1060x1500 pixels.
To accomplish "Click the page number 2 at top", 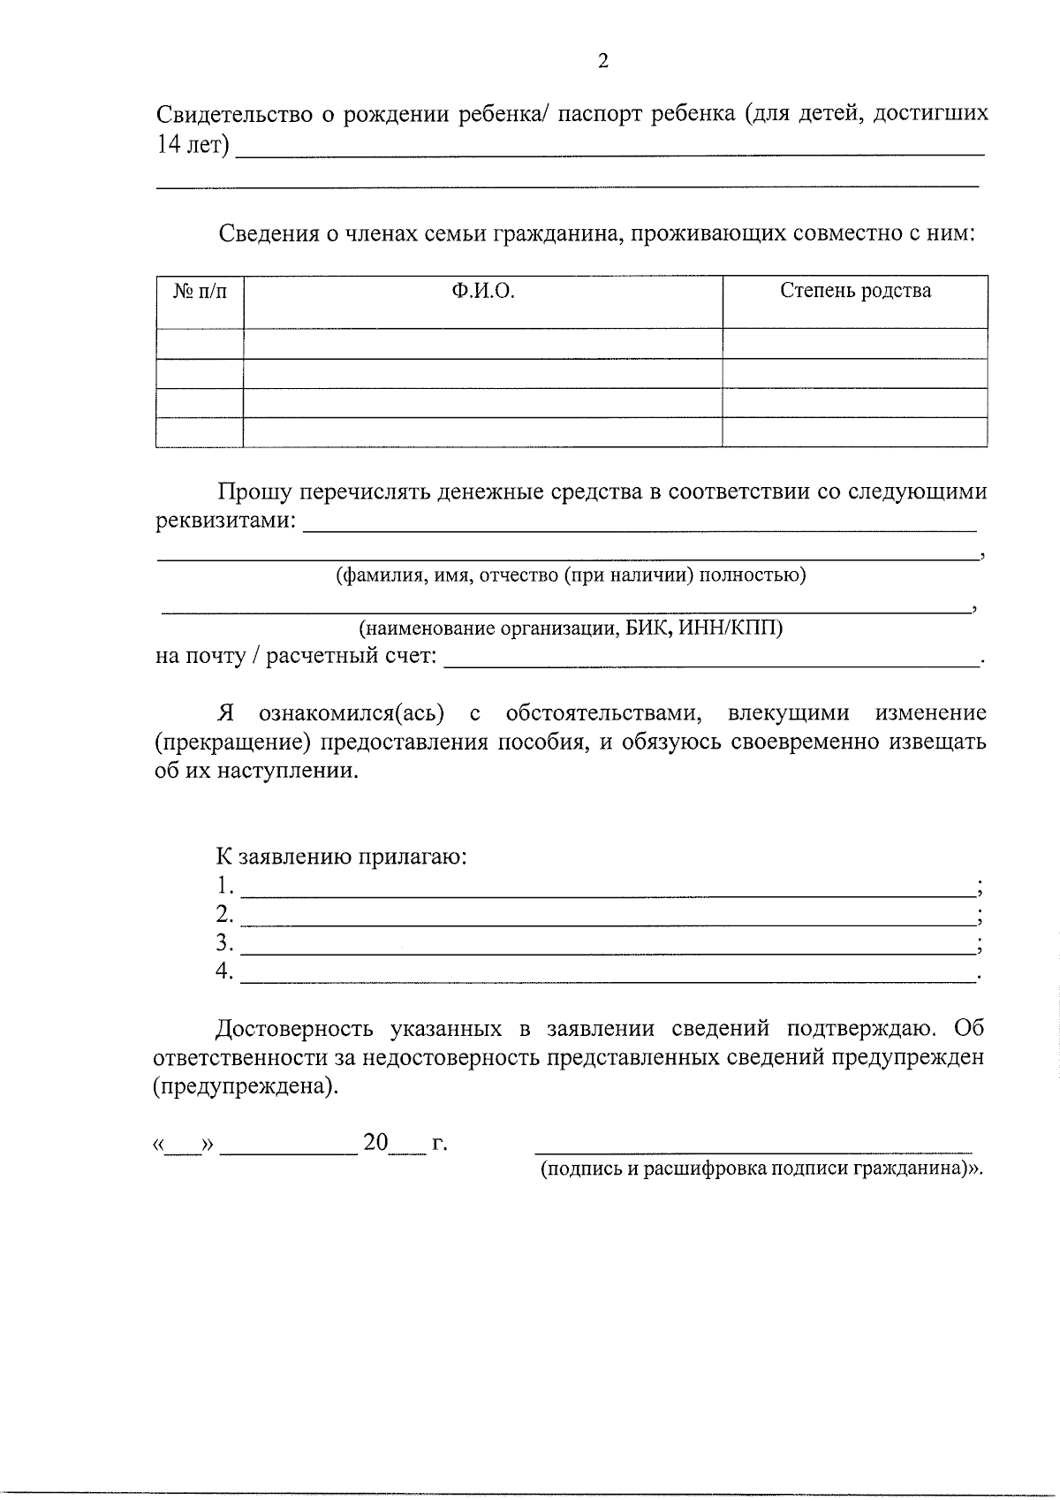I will pyautogui.click(x=603, y=61).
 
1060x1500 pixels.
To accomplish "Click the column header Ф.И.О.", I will pyautogui.click(x=482, y=292).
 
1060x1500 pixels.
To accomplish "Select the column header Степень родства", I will pyautogui.click(x=854, y=292).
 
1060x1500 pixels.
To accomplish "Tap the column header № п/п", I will pyautogui.click(x=200, y=292).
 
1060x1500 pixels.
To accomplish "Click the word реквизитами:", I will pyautogui.click(x=226, y=521).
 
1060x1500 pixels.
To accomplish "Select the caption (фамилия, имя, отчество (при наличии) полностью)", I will pyautogui.click(x=570, y=575).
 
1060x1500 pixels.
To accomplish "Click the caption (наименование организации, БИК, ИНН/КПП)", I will pyautogui.click(x=570, y=628).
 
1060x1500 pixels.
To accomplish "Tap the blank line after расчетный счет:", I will pyautogui.click(x=711, y=664).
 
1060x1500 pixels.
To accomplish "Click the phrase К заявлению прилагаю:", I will pyautogui.click(x=342, y=857).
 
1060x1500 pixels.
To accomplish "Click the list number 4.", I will pyautogui.click(x=224, y=971).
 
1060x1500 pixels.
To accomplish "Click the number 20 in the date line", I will pyautogui.click(x=375, y=1143).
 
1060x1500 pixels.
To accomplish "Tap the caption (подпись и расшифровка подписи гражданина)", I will pyautogui.click(x=760, y=1169).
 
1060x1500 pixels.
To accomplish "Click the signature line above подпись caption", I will pyautogui.click(x=753, y=1151).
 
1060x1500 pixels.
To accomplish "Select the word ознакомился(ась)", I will pyautogui.click(x=351, y=713).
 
